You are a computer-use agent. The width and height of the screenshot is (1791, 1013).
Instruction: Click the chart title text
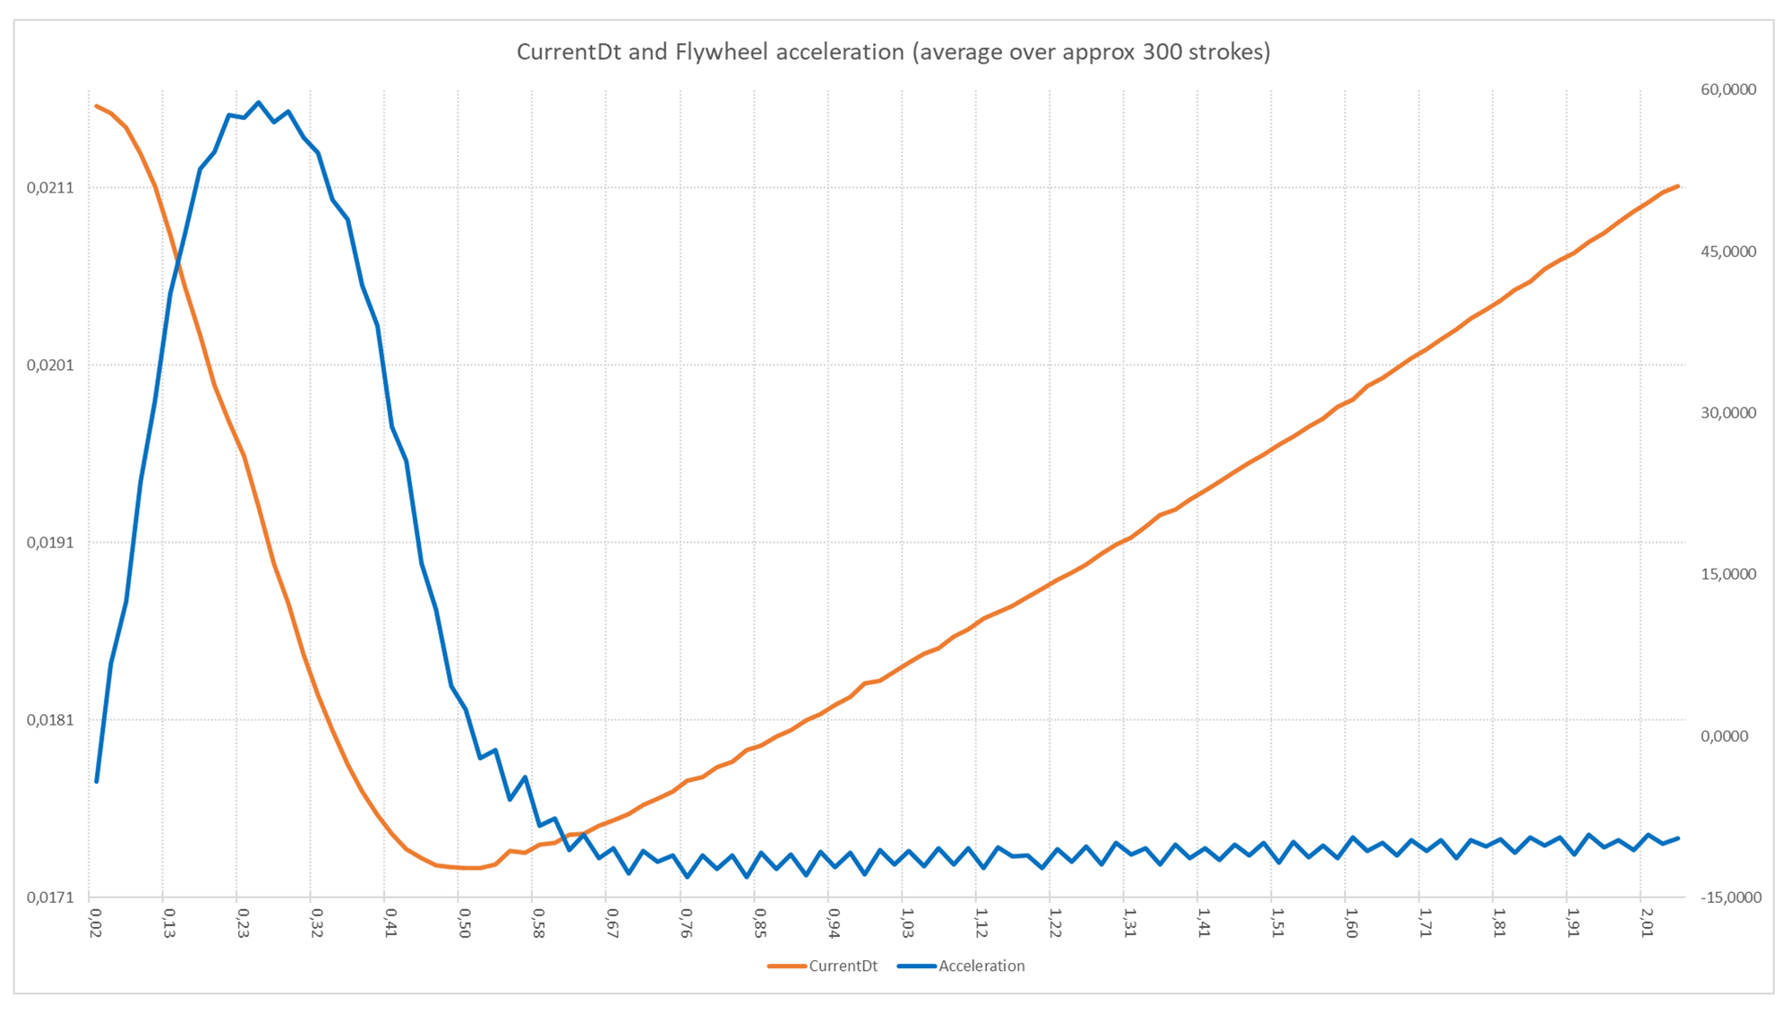click(x=893, y=52)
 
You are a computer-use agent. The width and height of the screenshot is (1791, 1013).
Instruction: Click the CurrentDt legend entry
click(x=842, y=966)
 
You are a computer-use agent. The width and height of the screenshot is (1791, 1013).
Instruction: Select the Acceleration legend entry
click(x=981, y=966)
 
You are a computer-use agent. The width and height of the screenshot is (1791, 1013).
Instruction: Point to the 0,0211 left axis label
click(x=50, y=188)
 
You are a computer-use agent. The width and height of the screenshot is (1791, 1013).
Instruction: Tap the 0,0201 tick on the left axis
click(x=50, y=365)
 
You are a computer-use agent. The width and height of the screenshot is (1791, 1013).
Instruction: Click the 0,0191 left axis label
click(x=50, y=543)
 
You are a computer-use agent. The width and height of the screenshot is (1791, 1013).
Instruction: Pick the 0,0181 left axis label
click(x=50, y=720)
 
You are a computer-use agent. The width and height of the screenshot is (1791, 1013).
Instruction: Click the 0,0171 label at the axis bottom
click(x=50, y=897)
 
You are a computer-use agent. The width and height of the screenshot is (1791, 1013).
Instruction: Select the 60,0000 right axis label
click(x=1728, y=90)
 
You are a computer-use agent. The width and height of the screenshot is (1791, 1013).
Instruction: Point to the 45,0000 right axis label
click(x=1728, y=252)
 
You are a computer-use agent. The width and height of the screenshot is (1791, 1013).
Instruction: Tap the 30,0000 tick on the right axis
click(x=1728, y=413)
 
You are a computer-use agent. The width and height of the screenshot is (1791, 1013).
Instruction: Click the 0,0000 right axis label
click(x=1724, y=736)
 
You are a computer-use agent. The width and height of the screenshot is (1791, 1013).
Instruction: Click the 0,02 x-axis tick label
click(x=96, y=923)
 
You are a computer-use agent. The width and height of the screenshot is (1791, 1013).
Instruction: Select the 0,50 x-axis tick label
click(x=465, y=923)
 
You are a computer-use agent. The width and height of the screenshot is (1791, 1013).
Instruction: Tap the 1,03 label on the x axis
click(x=907, y=923)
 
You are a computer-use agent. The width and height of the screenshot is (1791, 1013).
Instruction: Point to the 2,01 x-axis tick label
click(x=1646, y=923)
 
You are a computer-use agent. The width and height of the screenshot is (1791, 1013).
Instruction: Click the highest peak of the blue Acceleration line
click(x=259, y=102)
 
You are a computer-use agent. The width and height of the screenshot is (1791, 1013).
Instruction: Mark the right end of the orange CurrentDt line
click(x=1677, y=186)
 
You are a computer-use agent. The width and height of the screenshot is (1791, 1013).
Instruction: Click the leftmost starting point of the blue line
click(x=97, y=781)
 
